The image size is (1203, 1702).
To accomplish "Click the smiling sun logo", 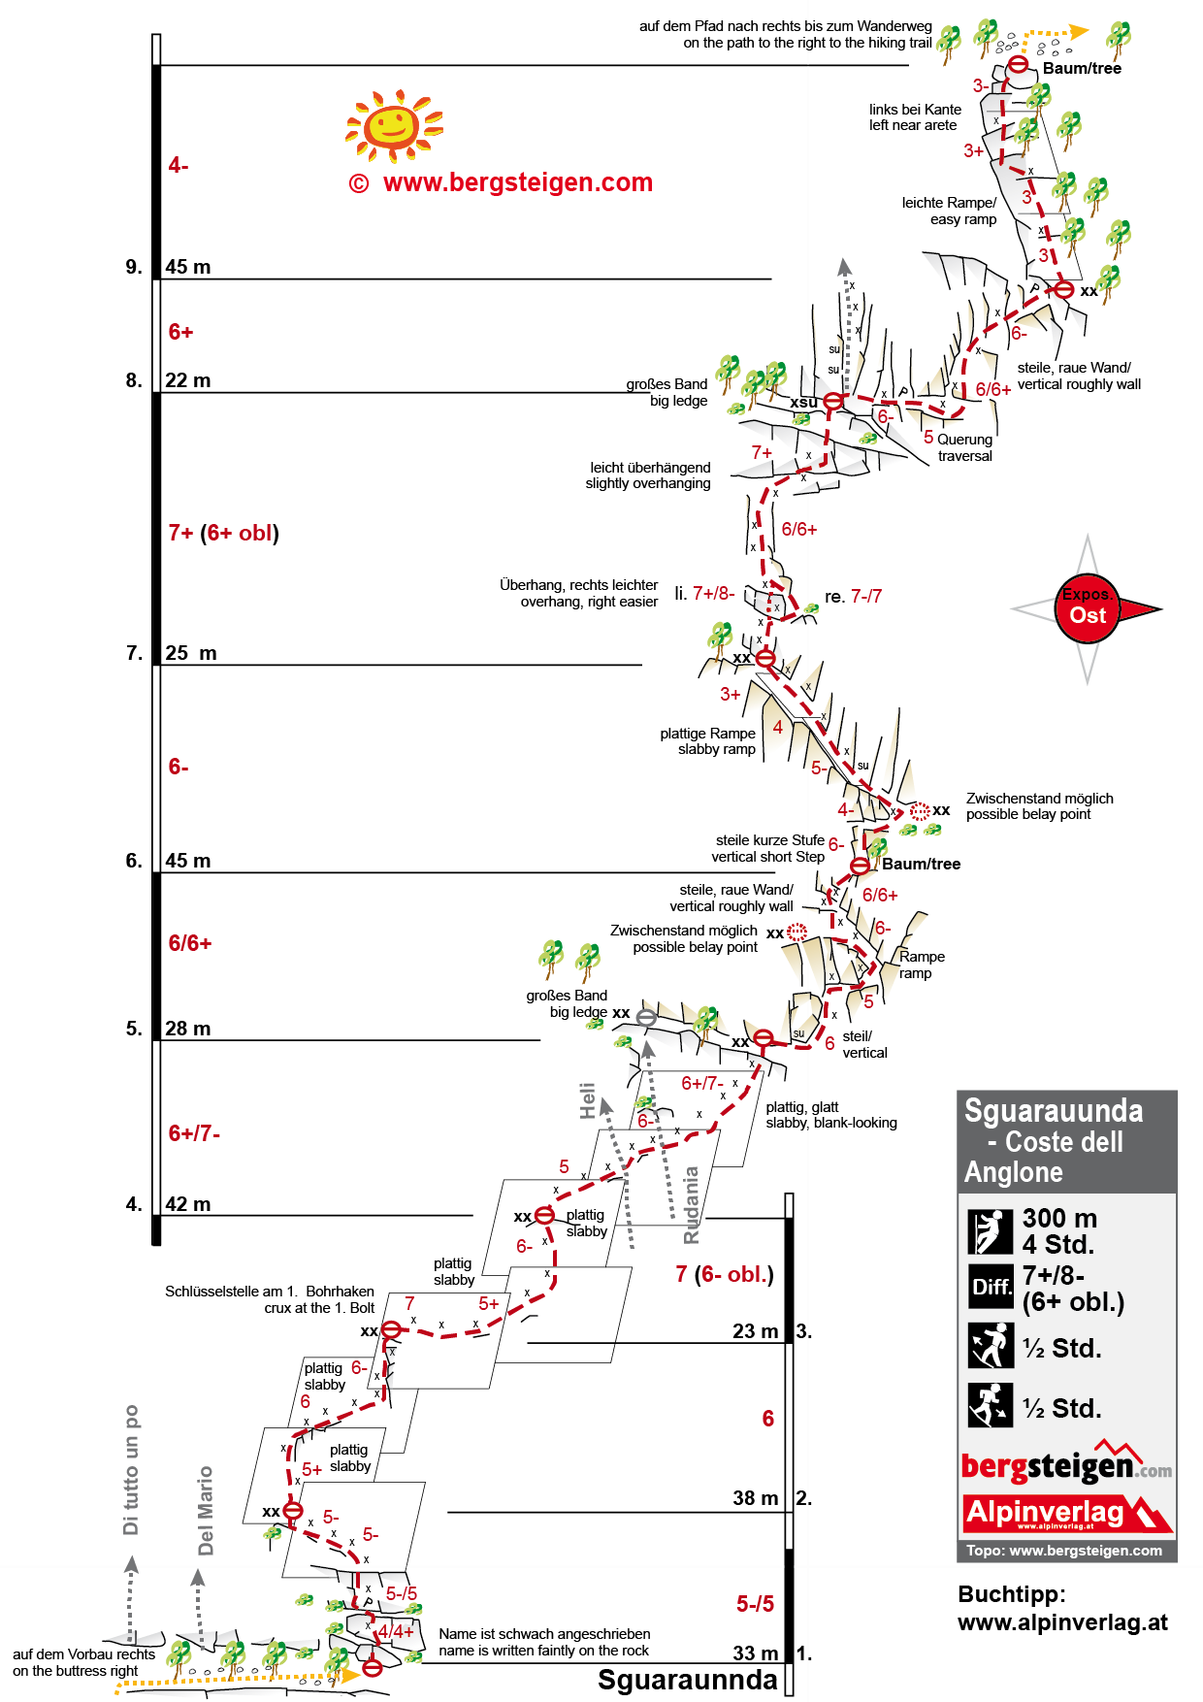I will (393, 125).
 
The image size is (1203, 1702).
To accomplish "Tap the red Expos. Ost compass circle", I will (1088, 608).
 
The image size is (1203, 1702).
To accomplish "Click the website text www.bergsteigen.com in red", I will (517, 182).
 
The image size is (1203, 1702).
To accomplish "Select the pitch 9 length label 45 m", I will (187, 267).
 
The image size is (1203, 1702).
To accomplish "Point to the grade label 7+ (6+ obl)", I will (223, 533).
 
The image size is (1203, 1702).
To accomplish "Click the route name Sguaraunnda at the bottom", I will (687, 1680).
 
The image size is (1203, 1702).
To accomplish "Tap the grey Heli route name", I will (587, 1100).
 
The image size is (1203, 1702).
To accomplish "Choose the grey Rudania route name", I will (691, 1204).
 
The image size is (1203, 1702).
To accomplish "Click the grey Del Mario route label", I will (205, 1510).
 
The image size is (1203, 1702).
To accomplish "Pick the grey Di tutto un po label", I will (131, 1469).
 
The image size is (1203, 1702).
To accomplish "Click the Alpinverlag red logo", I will (1065, 1513).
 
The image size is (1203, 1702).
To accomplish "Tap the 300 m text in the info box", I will (1059, 1218).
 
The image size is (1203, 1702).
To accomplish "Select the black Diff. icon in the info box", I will (991, 1287).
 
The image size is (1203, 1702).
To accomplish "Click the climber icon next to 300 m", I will (991, 1231).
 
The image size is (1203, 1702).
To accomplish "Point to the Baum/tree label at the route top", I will (1082, 68).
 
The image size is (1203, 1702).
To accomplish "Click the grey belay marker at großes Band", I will (646, 1017).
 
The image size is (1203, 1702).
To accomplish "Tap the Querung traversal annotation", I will (964, 447).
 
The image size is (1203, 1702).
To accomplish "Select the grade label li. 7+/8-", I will (704, 593).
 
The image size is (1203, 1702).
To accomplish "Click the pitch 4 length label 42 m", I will (187, 1204).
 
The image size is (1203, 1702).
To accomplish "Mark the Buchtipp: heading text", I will (1011, 1594).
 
